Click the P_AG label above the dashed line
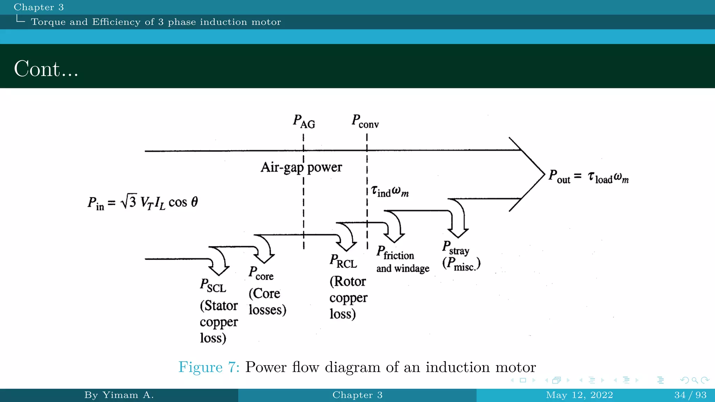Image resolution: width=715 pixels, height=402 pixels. click(304, 122)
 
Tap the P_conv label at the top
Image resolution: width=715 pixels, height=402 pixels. click(365, 121)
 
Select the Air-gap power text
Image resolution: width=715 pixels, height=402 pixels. click(301, 167)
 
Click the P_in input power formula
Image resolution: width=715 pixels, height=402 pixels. click(143, 202)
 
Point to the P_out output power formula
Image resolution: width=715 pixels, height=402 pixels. click(588, 177)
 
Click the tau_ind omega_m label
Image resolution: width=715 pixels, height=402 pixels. click(390, 191)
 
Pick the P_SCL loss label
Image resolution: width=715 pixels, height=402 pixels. click(213, 285)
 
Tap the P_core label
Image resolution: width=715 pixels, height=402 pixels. click(261, 273)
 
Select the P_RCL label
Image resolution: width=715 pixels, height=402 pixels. click(343, 261)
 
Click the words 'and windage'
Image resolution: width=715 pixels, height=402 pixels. click(403, 268)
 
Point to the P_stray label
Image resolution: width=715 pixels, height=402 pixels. click(456, 248)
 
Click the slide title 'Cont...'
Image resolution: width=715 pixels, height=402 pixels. click(46, 69)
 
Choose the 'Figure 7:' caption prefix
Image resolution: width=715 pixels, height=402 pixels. click(209, 367)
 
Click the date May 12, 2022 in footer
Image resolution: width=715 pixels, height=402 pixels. click(579, 395)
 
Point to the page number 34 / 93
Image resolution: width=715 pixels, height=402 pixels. click(690, 395)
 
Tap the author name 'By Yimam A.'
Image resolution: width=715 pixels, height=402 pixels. click(119, 395)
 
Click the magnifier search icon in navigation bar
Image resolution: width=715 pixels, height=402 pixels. click(695, 380)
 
